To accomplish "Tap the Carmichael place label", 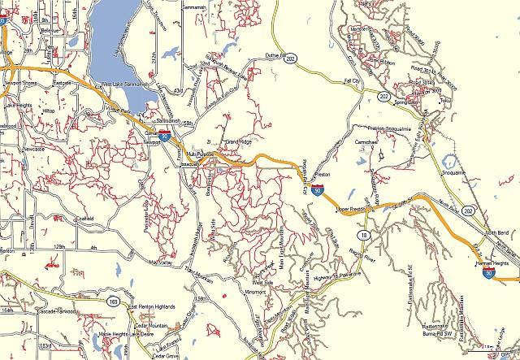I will point(367,142).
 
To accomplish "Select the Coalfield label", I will point(83,219).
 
